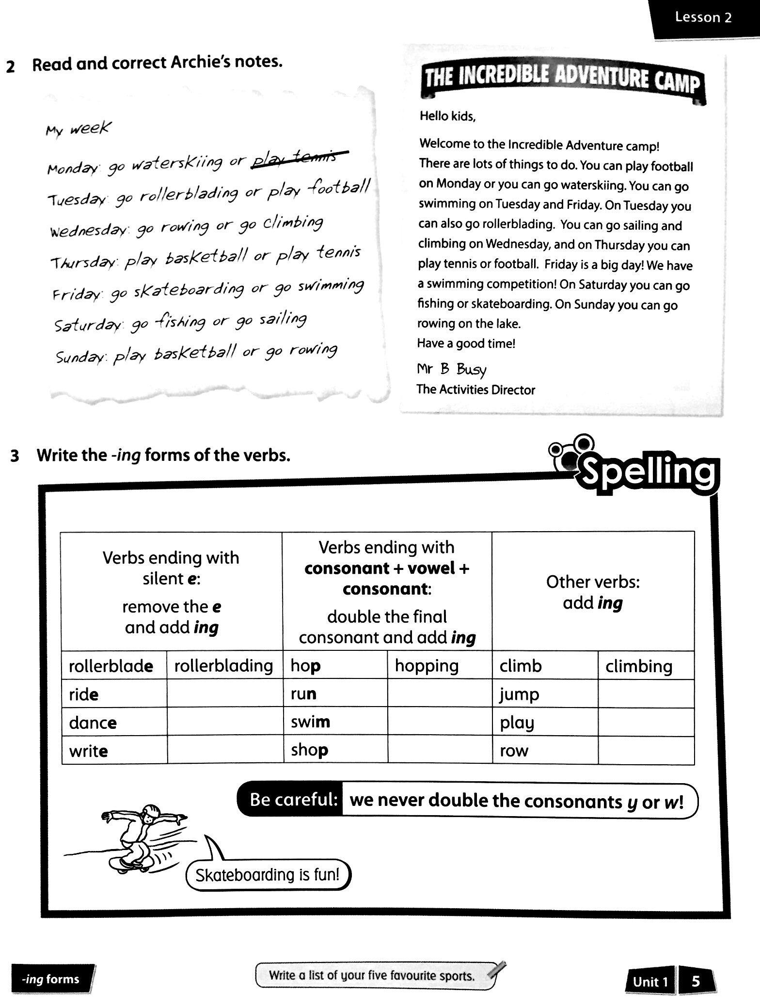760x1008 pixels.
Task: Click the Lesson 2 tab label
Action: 703,18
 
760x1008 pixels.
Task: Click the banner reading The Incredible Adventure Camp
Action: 562,80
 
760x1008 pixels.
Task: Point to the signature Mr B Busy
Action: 451,369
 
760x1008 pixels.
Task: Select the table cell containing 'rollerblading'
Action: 224,665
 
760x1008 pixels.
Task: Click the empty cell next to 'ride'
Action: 224,693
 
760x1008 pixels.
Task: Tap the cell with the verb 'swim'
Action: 335,722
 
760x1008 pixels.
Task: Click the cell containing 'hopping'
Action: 439,665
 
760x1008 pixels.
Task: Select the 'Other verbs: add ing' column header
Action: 593,592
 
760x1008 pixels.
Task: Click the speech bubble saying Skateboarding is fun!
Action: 268,875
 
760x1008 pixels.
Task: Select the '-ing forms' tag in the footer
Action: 50,979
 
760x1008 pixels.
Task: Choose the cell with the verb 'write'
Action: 114,750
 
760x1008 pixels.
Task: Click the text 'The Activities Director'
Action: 475,390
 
